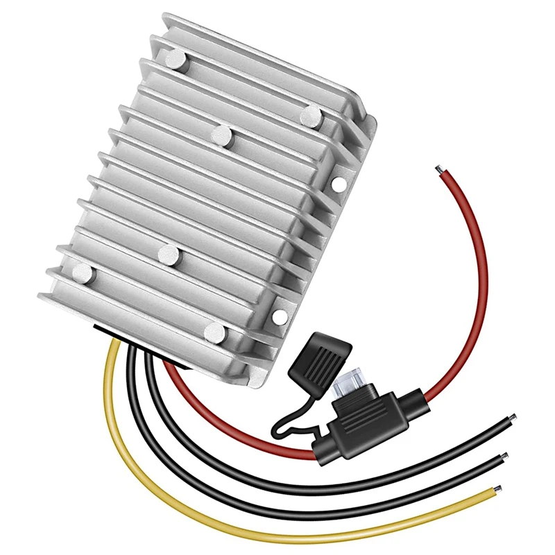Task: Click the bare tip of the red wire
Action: point(438,169)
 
